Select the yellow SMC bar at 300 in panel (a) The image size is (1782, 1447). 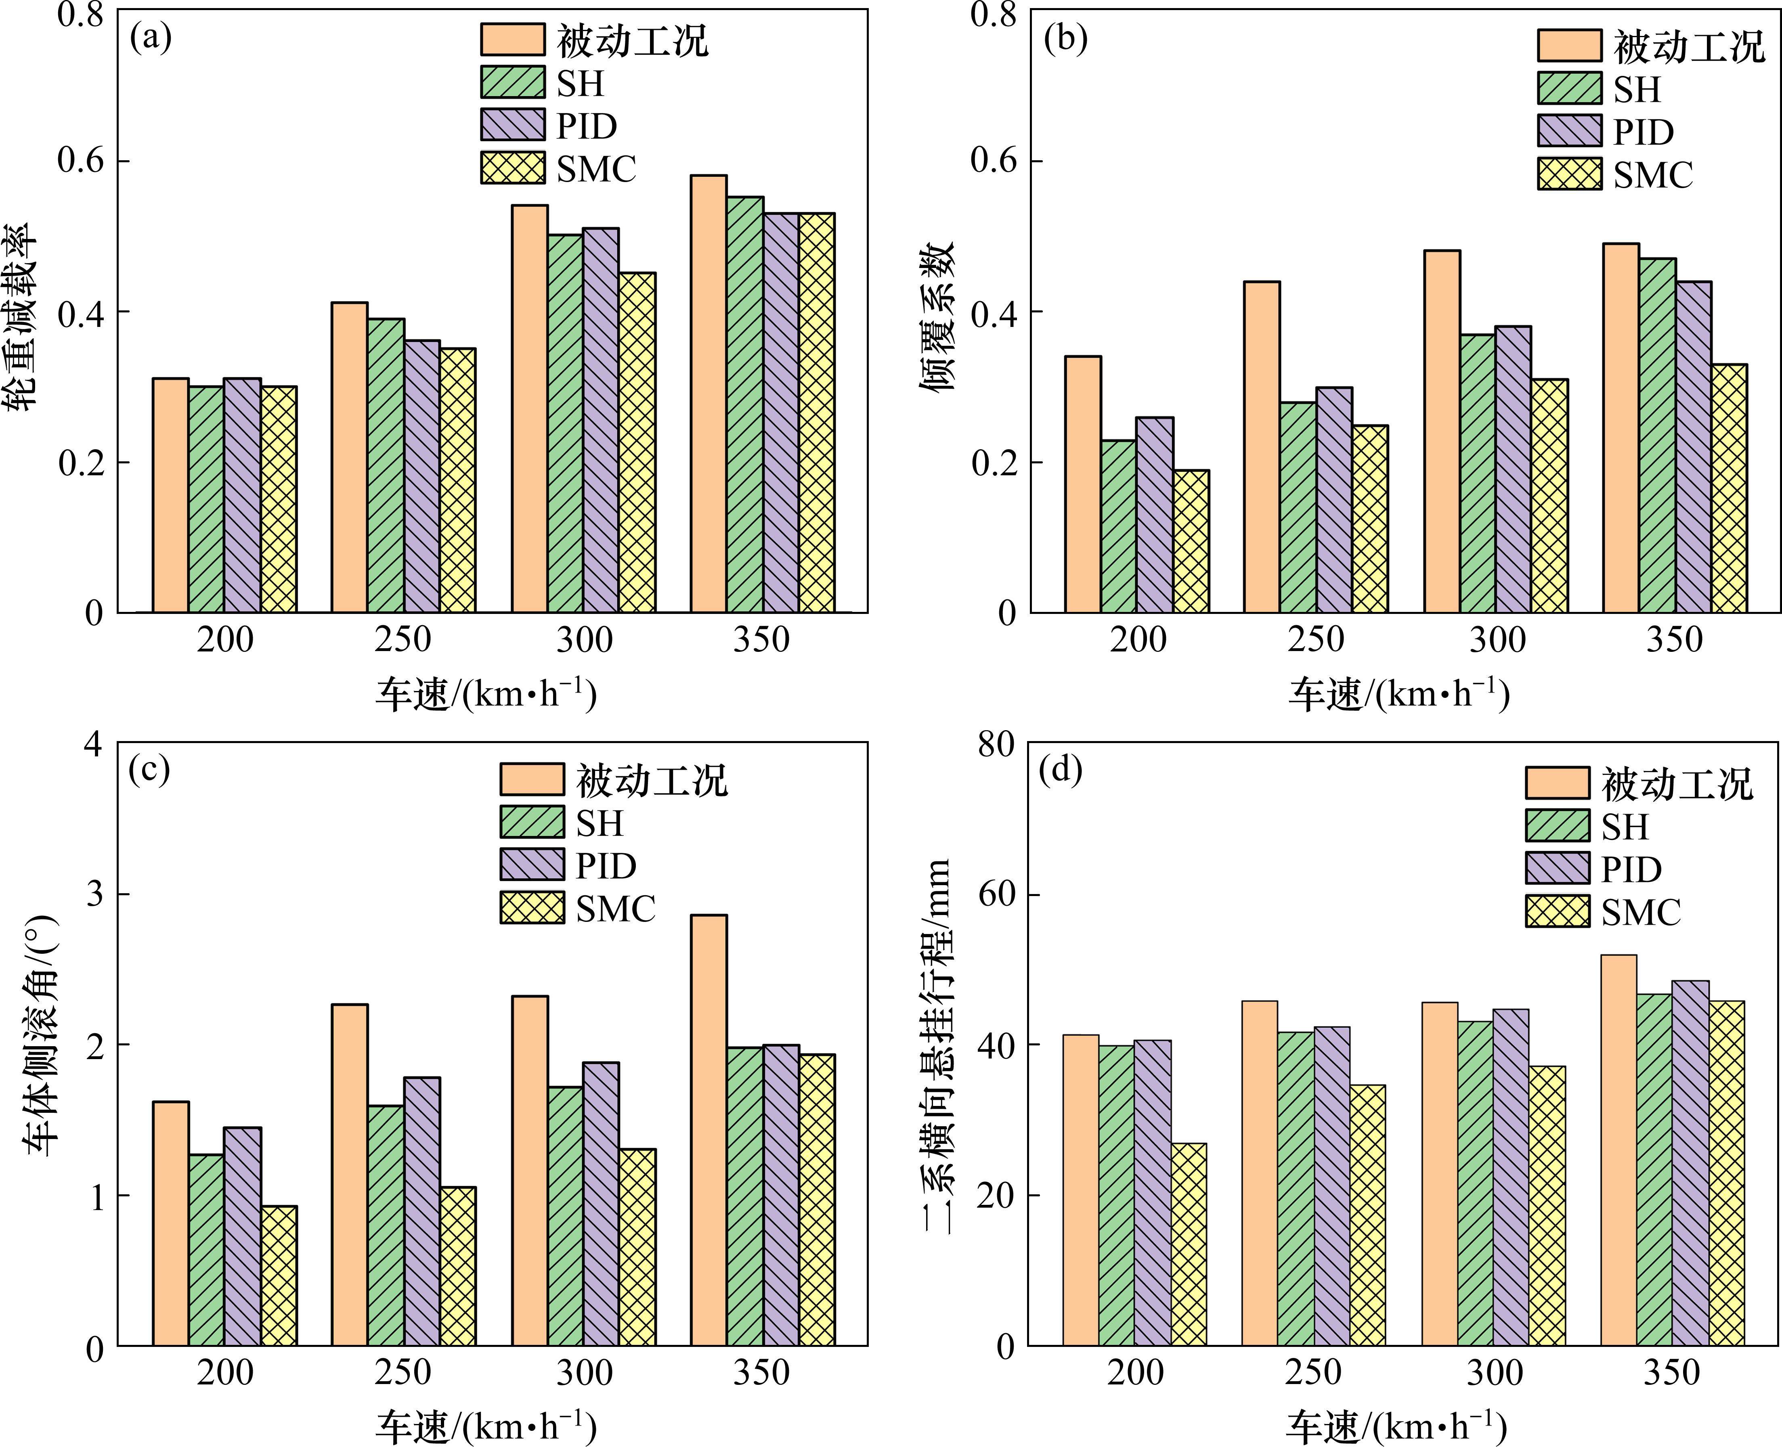coord(637,443)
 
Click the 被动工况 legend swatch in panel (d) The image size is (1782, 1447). coord(1557,783)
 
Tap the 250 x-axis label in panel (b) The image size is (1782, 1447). coord(1315,640)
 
